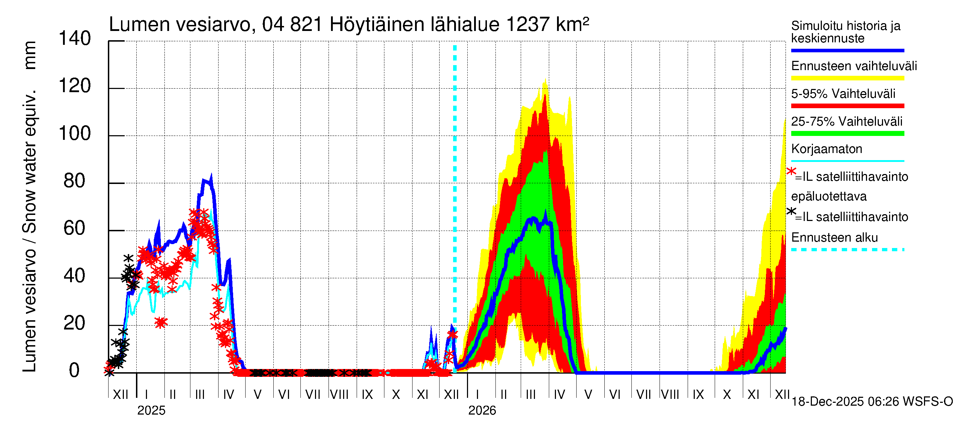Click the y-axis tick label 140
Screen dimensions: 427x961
tap(75, 39)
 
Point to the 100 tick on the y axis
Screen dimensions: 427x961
tap(75, 134)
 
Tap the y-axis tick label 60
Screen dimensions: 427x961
tap(75, 228)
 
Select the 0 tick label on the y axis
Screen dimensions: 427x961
tap(74, 371)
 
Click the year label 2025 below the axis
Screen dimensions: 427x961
tap(151, 411)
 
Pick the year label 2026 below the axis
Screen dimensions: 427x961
tap(482, 411)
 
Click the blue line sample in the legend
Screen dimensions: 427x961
tap(847, 50)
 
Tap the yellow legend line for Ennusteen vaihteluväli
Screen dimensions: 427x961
tap(847, 78)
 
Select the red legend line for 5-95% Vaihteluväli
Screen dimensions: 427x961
tap(847, 106)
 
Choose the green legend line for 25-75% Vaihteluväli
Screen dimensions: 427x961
tap(847, 133)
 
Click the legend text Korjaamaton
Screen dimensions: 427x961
tap(826, 149)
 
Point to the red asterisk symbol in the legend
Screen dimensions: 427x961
tap(791, 172)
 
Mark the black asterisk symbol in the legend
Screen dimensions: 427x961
tap(791, 211)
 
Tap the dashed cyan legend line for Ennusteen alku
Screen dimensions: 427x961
tap(847, 249)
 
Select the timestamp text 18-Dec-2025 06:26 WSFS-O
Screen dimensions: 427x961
tap(872, 402)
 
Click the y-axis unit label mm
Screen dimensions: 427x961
tap(30, 55)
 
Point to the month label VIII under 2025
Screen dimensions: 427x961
tap(339, 395)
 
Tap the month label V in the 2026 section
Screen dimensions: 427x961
tap(588, 395)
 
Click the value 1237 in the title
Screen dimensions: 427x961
tap(527, 25)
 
